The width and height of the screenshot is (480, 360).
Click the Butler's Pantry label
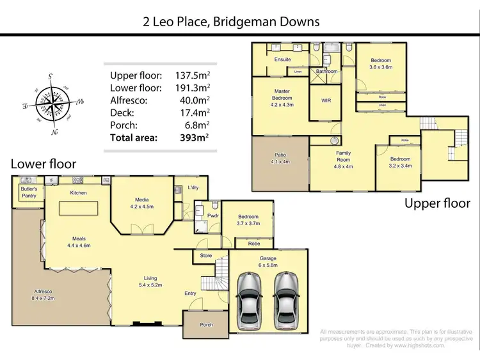29,193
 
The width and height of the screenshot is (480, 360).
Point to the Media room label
142,203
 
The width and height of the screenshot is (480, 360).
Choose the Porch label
206,325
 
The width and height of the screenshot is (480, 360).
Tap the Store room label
205,256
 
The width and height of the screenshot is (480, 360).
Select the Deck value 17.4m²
195,112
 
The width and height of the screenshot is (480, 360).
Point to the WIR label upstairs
325,101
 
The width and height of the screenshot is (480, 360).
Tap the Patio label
280,158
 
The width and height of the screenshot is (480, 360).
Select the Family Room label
344,157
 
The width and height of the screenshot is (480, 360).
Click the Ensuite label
282,59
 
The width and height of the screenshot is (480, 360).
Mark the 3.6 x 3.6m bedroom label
380,63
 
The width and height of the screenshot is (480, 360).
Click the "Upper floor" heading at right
437,203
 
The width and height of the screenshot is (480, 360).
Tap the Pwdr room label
212,215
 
